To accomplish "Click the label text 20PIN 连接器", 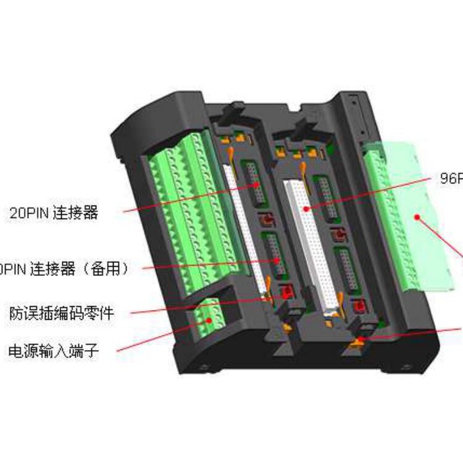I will click(54, 213).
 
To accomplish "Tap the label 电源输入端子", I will click(54, 352).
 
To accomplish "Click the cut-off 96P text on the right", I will click(451, 178).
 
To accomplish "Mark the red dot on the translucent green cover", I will click(417, 217).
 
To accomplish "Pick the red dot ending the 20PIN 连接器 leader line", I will click(254, 185).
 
